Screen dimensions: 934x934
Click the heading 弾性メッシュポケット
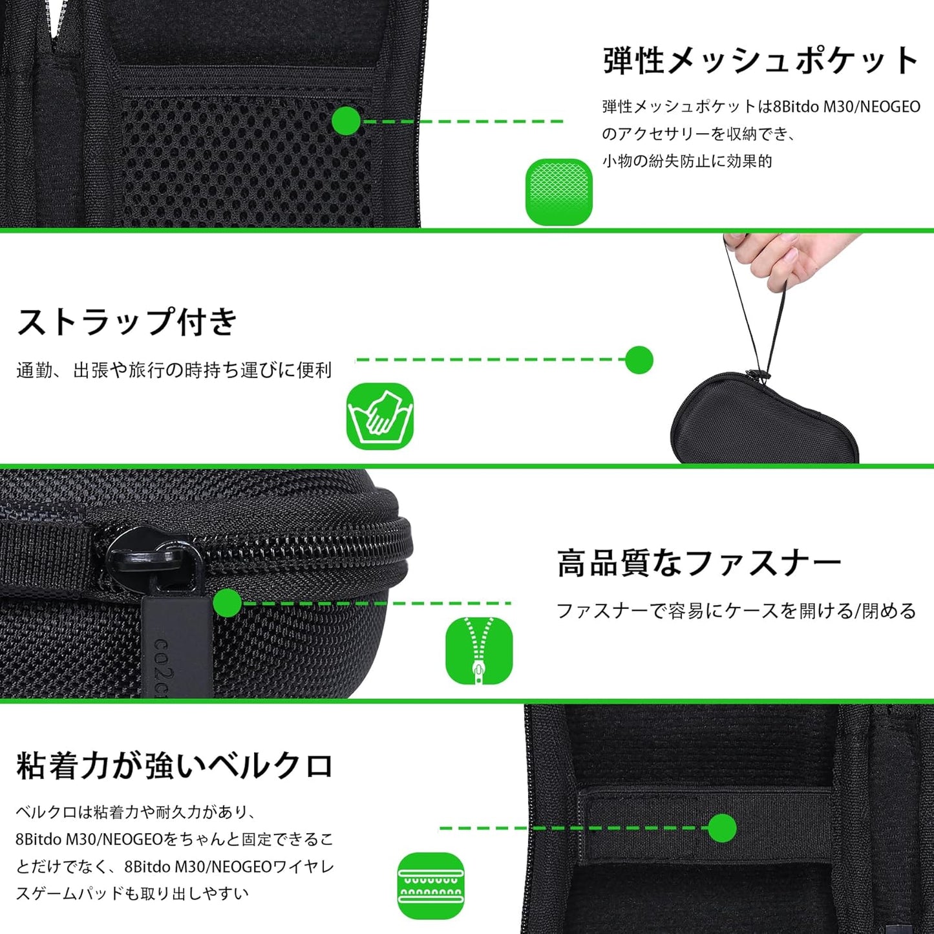click(x=761, y=61)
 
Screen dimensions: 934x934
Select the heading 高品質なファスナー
click(x=699, y=563)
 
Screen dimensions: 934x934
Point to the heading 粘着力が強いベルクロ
click(x=175, y=766)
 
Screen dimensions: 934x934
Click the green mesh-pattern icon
click(x=559, y=192)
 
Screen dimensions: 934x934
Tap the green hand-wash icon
click(x=380, y=416)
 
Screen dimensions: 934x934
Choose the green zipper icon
click(x=479, y=651)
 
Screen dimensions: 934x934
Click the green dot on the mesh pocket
click(x=346, y=121)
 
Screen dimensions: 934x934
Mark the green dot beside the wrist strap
click(x=639, y=360)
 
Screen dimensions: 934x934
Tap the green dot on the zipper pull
click(x=228, y=603)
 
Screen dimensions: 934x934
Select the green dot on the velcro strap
click(x=722, y=828)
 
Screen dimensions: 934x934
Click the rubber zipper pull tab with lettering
click(x=177, y=647)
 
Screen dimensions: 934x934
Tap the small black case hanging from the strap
click(x=763, y=421)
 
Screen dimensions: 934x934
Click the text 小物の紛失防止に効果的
click(x=687, y=161)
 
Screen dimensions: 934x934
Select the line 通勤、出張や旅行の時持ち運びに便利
click(x=174, y=370)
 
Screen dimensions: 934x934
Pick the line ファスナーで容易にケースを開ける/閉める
click(x=736, y=611)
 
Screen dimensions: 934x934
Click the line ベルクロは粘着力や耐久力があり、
click(x=136, y=812)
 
